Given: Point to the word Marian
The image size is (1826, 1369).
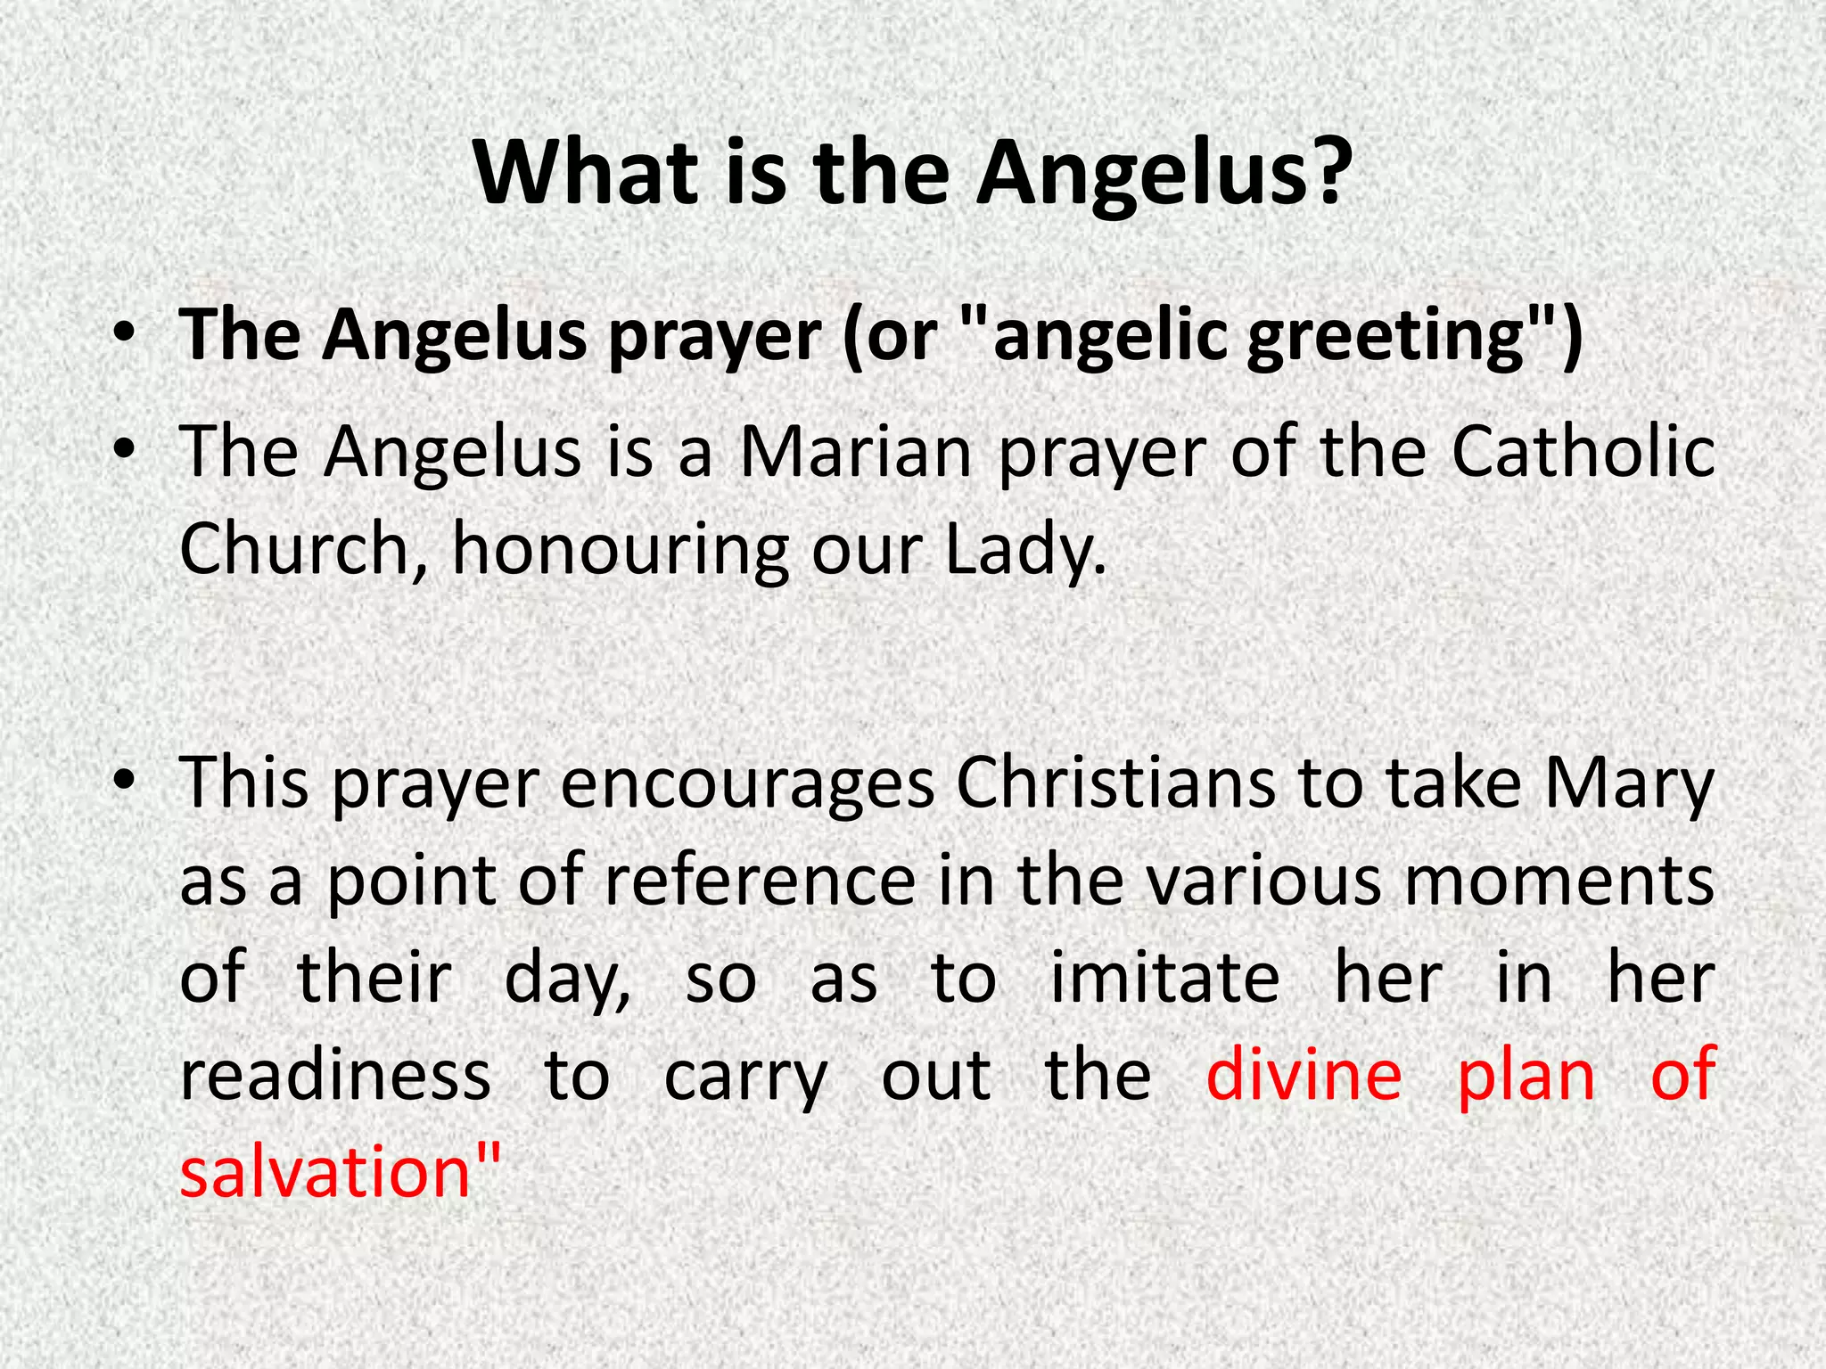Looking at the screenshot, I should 855,453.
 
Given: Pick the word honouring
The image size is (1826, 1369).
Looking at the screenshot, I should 620,551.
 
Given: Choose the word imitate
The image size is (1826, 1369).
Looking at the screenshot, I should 1164,979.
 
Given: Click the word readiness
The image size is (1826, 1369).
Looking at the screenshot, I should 335,1075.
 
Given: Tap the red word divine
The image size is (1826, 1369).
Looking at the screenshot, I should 1304,1075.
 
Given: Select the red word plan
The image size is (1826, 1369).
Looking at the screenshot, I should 1526,1077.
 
